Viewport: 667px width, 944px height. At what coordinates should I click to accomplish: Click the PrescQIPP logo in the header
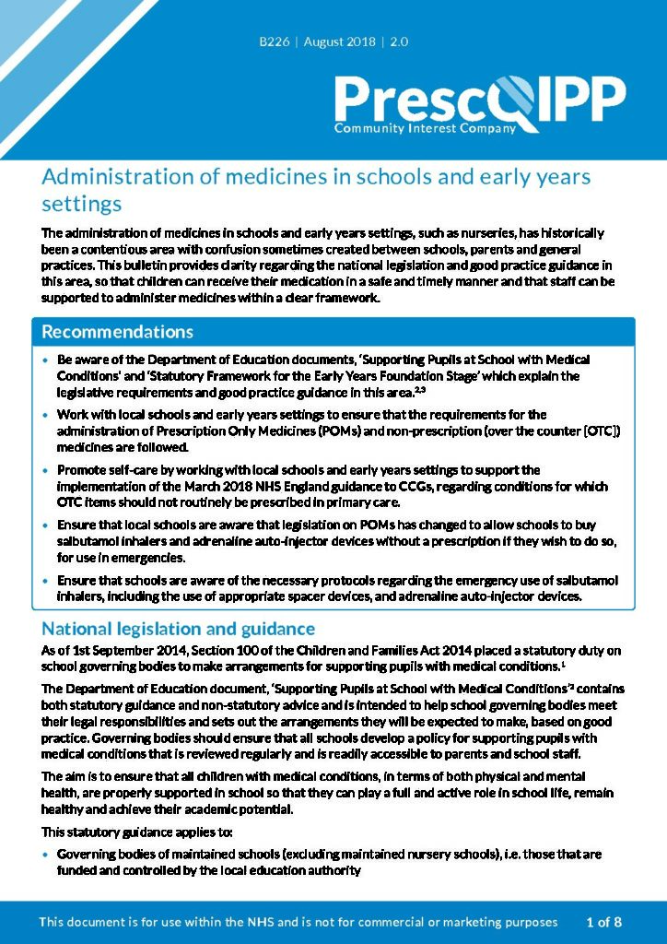[x=479, y=99]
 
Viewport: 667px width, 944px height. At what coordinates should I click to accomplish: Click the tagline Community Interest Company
[x=425, y=129]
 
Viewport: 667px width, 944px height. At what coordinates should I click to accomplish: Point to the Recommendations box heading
[x=117, y=332]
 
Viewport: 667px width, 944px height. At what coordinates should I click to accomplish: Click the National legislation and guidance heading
[x=178, y=629]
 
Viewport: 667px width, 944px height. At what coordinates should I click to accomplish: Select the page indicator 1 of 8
[x=604, y=922]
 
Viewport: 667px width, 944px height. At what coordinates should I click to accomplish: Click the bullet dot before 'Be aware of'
[x=46, y=360]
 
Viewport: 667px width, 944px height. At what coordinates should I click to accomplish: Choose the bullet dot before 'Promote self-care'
[x=46, y=471]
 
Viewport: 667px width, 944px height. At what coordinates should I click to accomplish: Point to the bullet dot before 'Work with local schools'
[x=46, y=416]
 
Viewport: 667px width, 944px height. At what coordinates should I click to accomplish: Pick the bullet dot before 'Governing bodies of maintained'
[x=46, y=855]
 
